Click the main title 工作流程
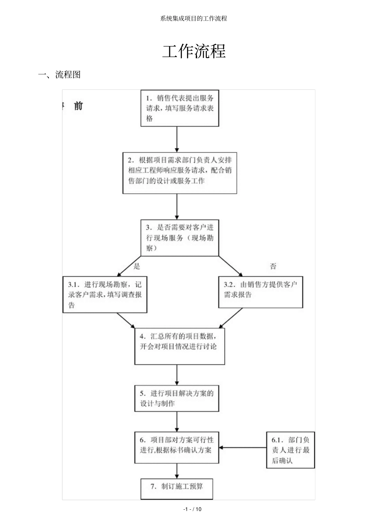(x=194, y=52)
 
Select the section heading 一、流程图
(x=59, y=75)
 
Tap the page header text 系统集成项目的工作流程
(x=194, y=19)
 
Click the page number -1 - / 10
(x=193, y=509)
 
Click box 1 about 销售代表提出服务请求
(x=180, y=108)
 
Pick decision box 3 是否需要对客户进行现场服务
(x=180, y=238)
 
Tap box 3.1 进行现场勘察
(x=105, y=295)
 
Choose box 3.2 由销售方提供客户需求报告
(x=261, y=292)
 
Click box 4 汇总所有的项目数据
(x=180, y=347)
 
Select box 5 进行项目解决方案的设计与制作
(x=176, y=398)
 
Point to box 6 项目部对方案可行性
(x=176, y=447)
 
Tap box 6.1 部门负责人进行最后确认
(x=291, y=450)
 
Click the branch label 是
(x=137, y=267)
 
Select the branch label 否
(x=273, y=267)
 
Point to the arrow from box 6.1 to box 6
(x=243, y=447)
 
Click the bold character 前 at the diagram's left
(x=78, y=106)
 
